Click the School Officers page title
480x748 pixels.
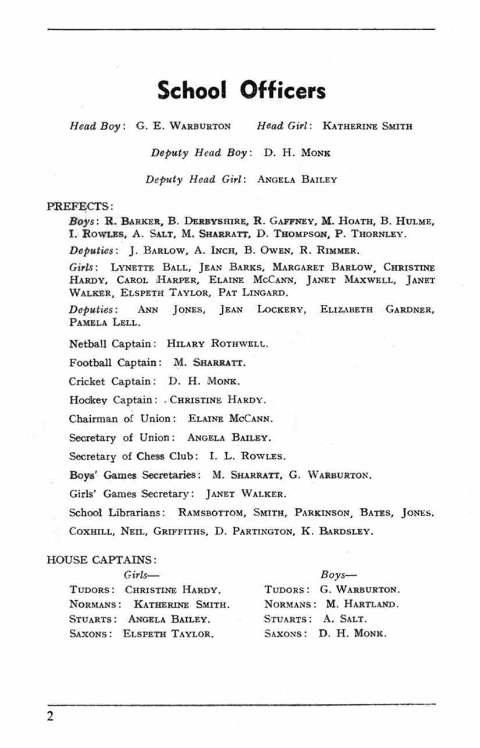241,91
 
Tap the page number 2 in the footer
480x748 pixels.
51,716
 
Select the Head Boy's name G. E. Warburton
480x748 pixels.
183,126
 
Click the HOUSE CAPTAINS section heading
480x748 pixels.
101,560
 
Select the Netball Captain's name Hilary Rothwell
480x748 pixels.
218,343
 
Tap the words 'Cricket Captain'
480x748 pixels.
111,382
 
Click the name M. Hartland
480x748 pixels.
361,604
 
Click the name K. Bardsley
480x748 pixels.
337,531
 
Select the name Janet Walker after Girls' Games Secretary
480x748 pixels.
246,494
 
